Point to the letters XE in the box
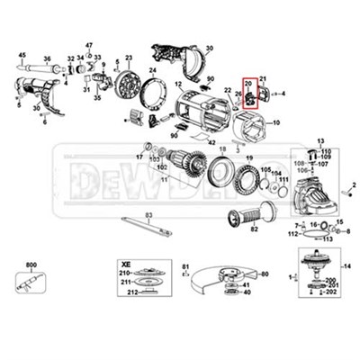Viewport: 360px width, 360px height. coord(127,256)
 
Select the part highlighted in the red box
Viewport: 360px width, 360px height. coord(250,98)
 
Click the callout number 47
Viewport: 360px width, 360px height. coord(89,44)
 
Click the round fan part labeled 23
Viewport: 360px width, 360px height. coord(129,86)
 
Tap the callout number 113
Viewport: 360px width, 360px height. coord(328,240)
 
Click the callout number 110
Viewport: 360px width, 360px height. coord(326,150)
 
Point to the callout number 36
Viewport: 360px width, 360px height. coord(37,110)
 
